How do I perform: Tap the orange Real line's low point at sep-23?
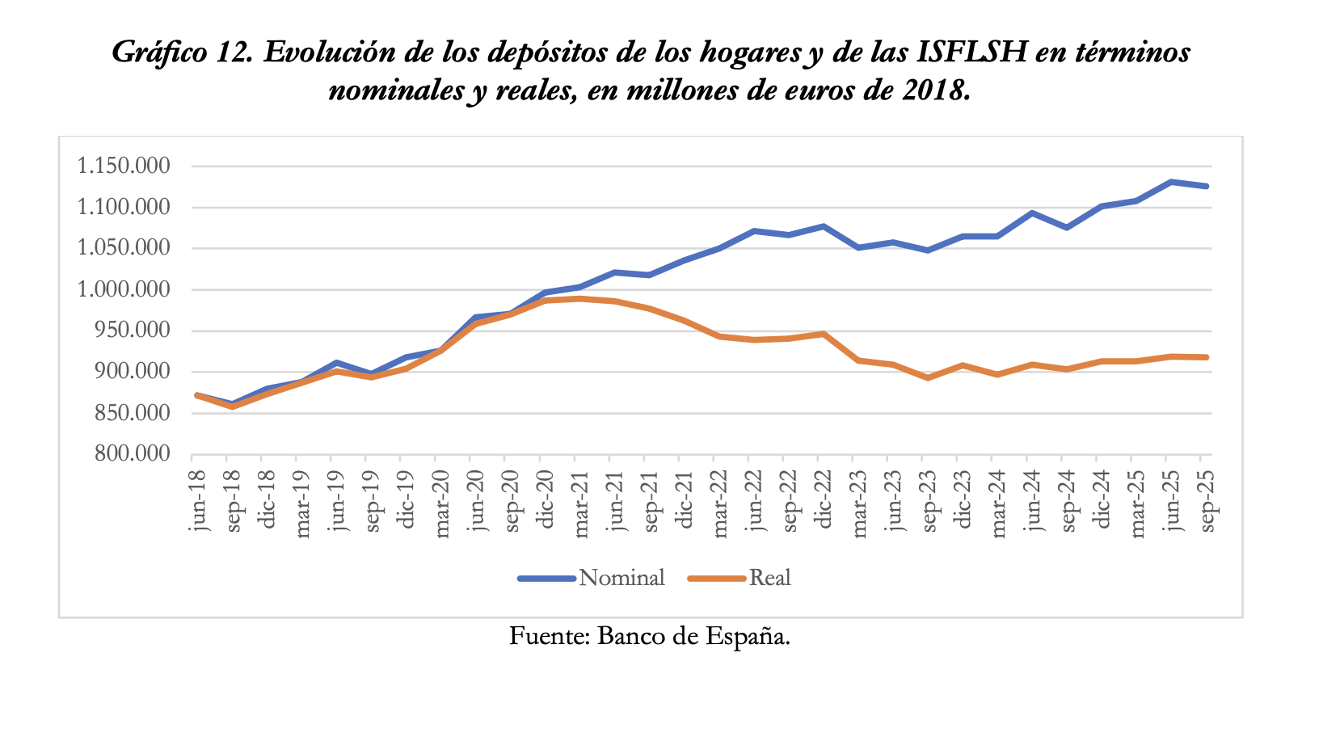coord(928,377)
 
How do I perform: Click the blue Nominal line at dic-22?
coord(824,226)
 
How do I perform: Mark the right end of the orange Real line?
coord(1207,357)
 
